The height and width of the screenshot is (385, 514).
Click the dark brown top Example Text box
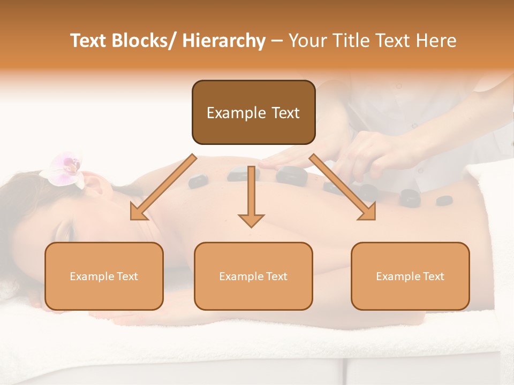point(253,112)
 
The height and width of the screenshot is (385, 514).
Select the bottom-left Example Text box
point(104,276)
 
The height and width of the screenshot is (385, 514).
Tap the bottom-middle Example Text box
point(253,276)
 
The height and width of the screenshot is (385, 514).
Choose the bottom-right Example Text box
point(410,276)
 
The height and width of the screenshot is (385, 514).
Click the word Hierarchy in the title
point(224,41)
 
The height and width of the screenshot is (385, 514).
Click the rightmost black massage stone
point(444,201)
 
